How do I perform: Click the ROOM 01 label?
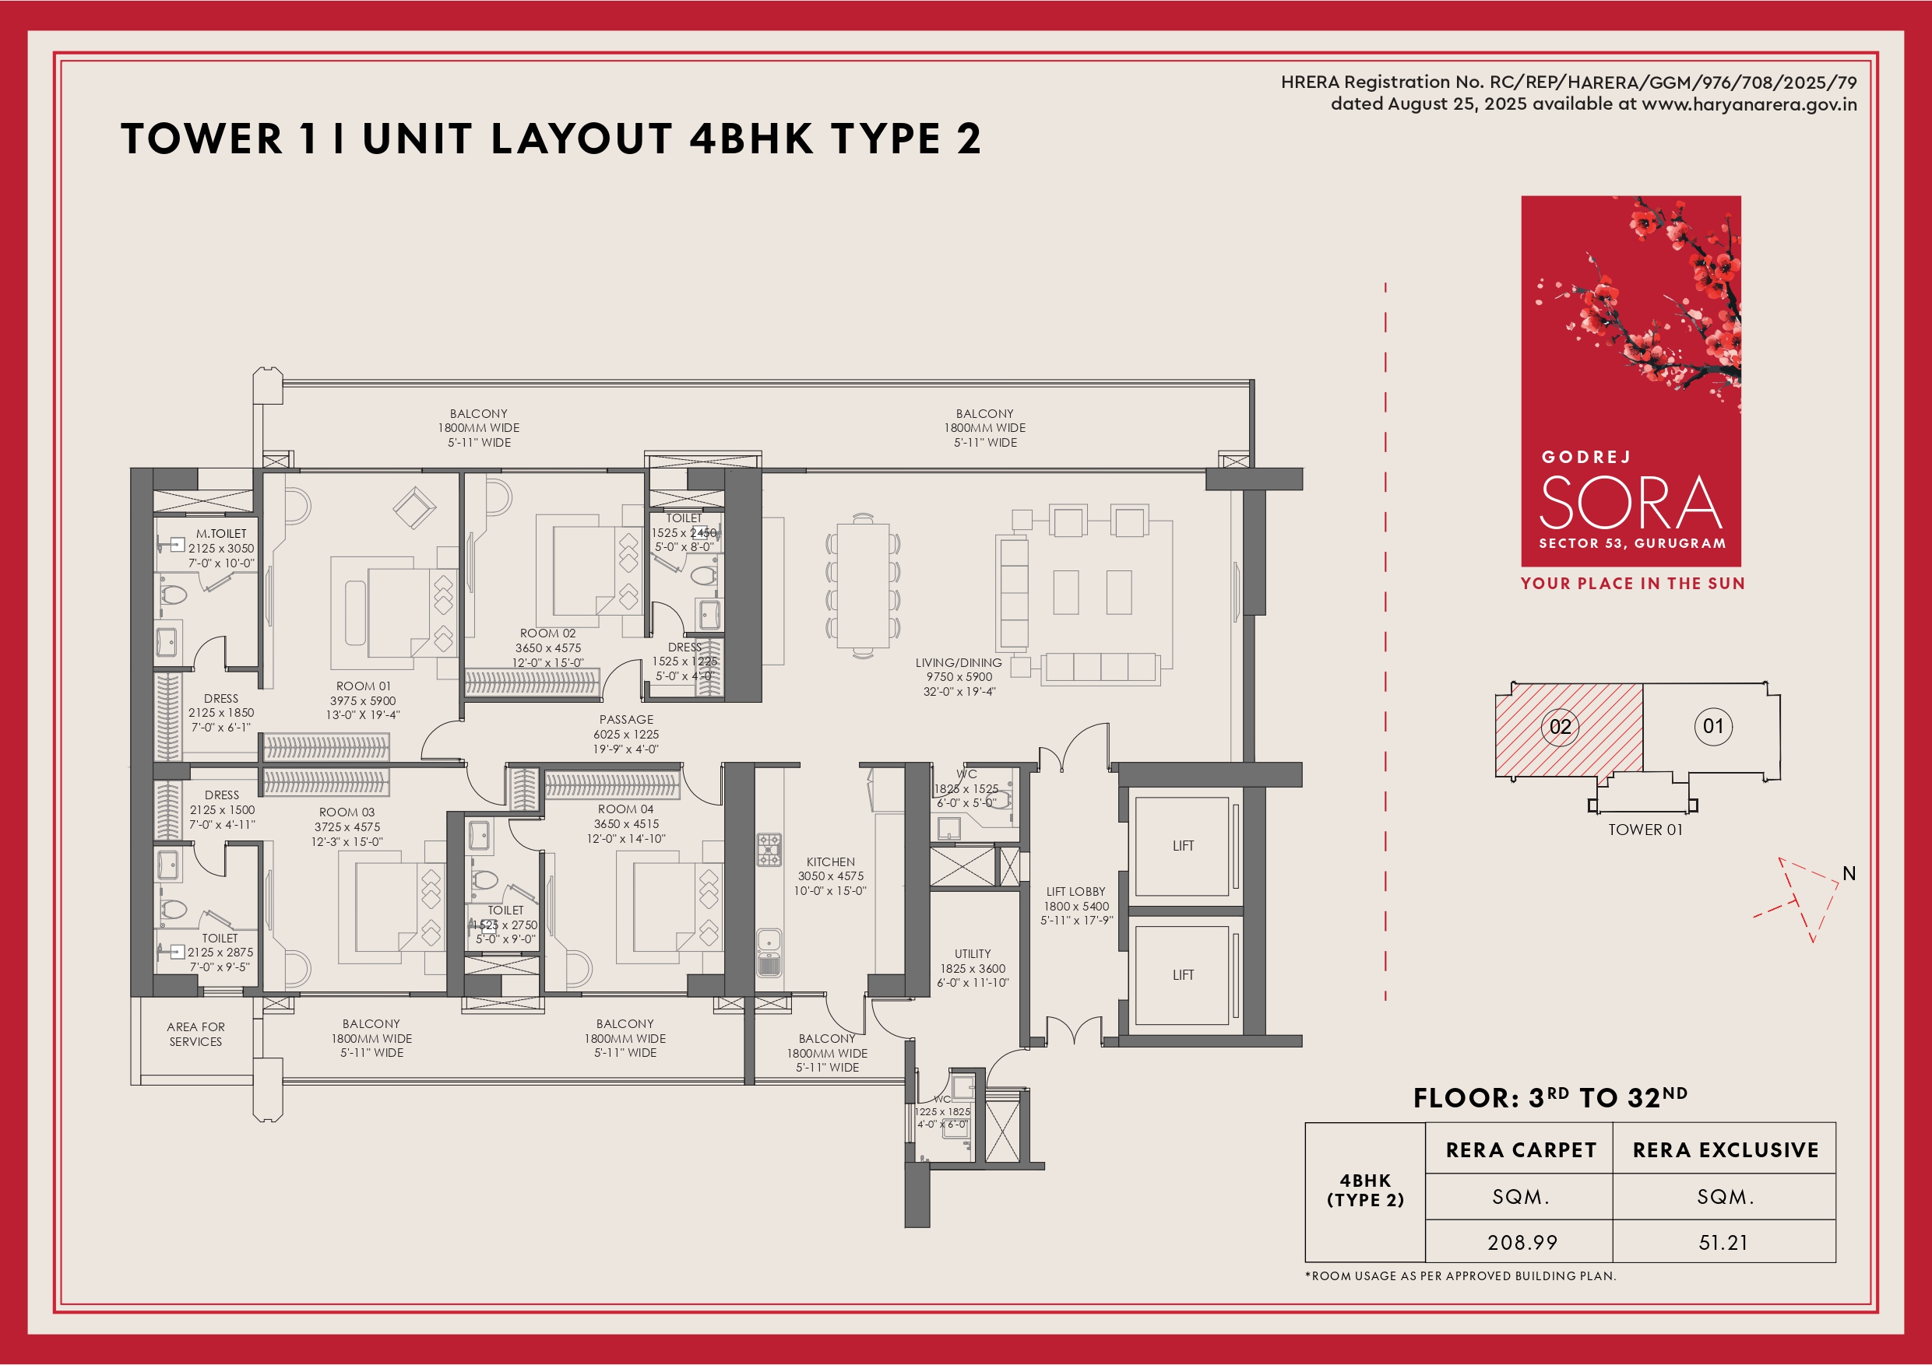[x=364, y=686]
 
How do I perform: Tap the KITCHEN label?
[x=831, y=862]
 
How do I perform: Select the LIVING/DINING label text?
[x=959, y=663]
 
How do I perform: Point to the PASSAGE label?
[x=626, y=720]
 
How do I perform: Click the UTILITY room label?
[x=973, y=954]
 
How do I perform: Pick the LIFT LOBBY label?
[x=1076, y=892]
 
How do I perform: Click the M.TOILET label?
[x=221, y=533]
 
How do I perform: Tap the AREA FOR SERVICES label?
[x=196, y=1034]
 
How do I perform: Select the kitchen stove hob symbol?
[x=769, y=850]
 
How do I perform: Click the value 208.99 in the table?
[x=1522, y=1242]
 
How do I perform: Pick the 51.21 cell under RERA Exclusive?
[x=1723, y=1242]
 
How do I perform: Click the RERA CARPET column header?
[x=1522, y=1149]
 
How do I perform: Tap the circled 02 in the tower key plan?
[x=1560, y=727]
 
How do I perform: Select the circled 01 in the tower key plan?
[x=1713, y=727]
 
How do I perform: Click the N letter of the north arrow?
[x=1849, y=874]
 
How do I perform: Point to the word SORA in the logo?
[x=1631, y=502]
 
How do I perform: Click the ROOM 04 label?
[x=625, y=809]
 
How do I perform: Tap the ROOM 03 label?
[x=347, y=812]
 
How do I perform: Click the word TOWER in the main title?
[x=202, y=139]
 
